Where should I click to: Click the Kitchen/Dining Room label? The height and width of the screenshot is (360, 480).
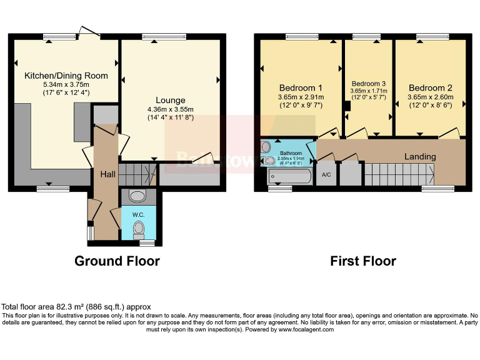tap(66, 76)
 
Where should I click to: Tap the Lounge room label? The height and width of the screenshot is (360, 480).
tap(171, 100)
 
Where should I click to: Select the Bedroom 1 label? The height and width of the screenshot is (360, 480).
tap(301, 88)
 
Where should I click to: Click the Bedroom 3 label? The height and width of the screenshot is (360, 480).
tap(369, 84)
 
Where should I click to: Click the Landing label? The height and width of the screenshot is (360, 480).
tap(420, 156)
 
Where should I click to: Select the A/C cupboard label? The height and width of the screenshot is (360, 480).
tap(326, 174)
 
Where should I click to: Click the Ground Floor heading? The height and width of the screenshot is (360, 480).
tap(117, 261)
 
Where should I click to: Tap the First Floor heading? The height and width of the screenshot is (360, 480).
tap(363, 261)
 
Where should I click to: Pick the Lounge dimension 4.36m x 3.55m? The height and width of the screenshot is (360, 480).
tap(171, 109)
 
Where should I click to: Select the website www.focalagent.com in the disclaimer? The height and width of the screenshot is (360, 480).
tap(306, 329)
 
